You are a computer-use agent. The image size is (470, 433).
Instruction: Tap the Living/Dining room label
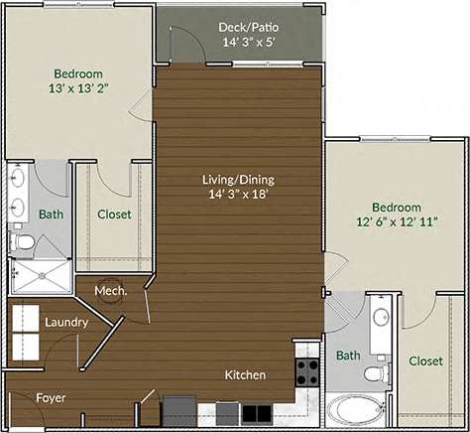[238, 179]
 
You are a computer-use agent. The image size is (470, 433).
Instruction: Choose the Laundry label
[66, 323]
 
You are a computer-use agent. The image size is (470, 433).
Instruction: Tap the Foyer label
[52, 397]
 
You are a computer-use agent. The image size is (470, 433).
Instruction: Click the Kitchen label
[245, 375]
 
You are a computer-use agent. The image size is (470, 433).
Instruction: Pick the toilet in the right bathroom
[375, 374]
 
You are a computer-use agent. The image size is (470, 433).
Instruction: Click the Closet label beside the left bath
[113, 215]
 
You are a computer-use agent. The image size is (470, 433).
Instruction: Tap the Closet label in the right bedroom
[426, 361]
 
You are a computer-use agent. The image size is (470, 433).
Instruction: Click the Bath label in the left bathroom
[51, 215]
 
